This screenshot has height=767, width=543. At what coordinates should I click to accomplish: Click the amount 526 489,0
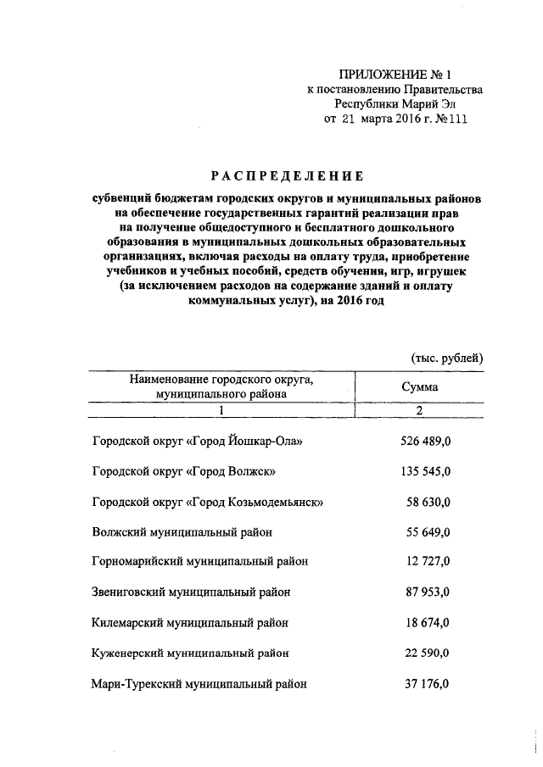click(424, 442)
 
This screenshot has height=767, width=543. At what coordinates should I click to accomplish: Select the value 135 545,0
click(424, 471)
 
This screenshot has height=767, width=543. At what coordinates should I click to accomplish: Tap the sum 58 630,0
click(428, 502)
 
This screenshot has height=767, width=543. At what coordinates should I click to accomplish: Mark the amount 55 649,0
click(428, 532)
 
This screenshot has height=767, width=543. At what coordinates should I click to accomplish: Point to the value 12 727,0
click(428, 562)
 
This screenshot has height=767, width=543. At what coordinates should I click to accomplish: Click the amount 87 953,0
click(428, 592)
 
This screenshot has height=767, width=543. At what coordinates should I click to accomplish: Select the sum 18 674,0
click(428, 622)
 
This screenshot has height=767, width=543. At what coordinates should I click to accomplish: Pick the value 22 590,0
click(428, 653)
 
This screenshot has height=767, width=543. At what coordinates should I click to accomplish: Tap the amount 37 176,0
click(428, 683)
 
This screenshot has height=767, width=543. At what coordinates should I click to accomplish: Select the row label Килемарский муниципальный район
click(189, 622)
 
